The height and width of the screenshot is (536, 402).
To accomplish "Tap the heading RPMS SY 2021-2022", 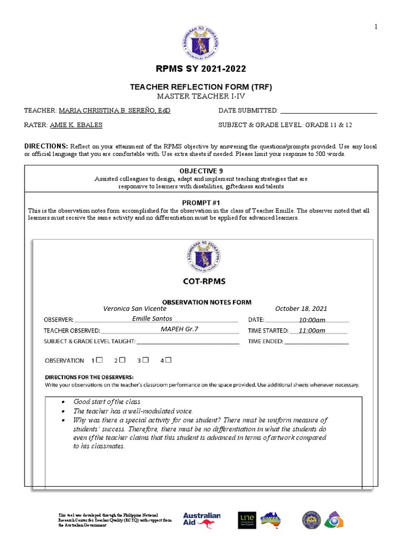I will point(201,69).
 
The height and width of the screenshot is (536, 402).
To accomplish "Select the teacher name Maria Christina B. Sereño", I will point(115,111).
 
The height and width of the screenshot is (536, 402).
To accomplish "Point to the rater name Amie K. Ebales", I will point(76,125).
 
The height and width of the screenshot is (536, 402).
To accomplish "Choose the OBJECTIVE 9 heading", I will point(201,171).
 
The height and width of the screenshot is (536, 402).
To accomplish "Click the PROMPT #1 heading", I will point(201,203).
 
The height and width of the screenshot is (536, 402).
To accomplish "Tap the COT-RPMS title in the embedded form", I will point(204,282).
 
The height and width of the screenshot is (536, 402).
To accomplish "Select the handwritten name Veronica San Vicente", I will point(135,309).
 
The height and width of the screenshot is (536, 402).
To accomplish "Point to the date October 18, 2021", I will point(301,309).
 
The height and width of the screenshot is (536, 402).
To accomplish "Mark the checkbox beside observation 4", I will point(169,360).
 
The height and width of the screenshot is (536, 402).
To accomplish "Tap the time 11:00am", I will point(312,330).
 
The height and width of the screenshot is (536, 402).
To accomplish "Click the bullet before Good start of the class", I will point(63,402).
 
